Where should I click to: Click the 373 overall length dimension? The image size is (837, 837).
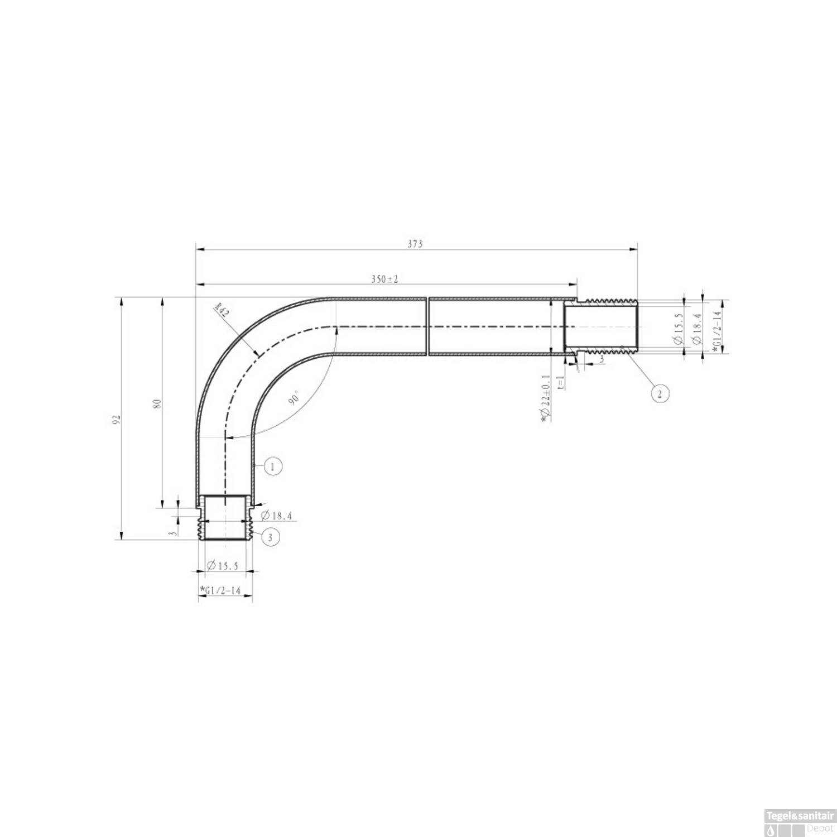[x=415, y=244]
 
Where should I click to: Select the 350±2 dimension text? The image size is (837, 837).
[x=385, y=279]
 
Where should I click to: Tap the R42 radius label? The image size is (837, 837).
[x=222, y=310]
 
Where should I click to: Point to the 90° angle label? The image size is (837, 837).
[x=295, y=398]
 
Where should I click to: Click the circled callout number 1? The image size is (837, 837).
[x=272, y=466]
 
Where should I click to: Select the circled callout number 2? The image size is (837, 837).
[x=660, y=394]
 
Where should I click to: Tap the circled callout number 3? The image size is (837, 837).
[x=270, y=537]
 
